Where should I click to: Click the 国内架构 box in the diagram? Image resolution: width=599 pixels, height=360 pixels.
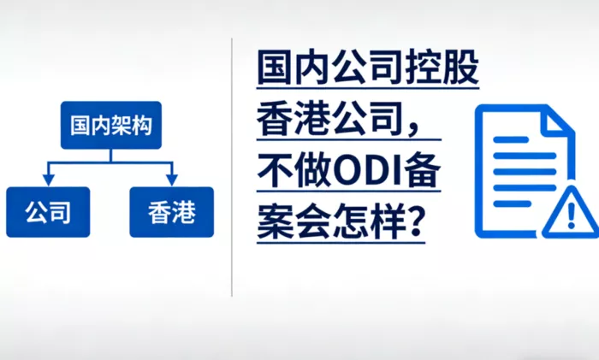pyautogui.click(x=111, y=125)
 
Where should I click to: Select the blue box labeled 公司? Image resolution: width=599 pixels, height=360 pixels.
pyautogui.click(x=48, y=212)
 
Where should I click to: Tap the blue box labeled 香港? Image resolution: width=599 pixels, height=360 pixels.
pyautogui.click(x=171, y=212)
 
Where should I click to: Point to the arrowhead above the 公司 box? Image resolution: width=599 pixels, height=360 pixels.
pyautogui.click(x=48, y=180)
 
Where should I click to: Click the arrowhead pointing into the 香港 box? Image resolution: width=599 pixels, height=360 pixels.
pyautogui.click(x=171, y=180)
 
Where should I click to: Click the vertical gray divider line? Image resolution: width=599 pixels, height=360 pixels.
pyautogui.click(x=232, y=168)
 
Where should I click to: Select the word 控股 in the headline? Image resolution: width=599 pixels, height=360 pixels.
pyautogui.click(x=442, y=68)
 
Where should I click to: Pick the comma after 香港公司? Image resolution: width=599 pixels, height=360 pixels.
pyautogui.click(x=413, y=129)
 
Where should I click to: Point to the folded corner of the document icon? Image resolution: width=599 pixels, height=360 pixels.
pyautogui.click(x=560, y=121)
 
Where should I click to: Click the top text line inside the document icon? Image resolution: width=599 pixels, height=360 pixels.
pyautogui.click(x=511, y=139)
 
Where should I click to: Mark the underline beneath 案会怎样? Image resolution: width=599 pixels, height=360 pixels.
pyautogui.click(x=341, y=242)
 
